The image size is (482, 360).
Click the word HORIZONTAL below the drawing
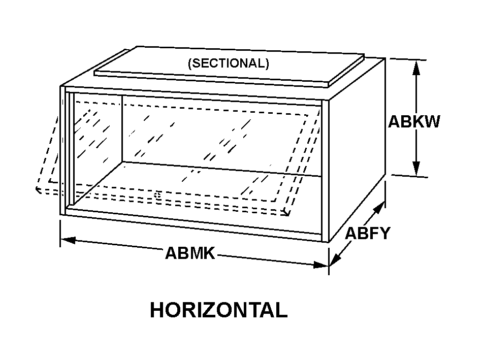point(218,310)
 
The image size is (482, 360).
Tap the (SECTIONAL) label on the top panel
point(228,63)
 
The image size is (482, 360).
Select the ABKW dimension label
point(414,122)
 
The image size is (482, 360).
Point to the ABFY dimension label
point(368,233)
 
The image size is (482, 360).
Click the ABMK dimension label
point(190,252)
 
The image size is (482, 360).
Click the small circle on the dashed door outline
point(157,195)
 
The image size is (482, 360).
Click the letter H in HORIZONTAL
point(156,310)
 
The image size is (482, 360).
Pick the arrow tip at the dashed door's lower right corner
point(287,213)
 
